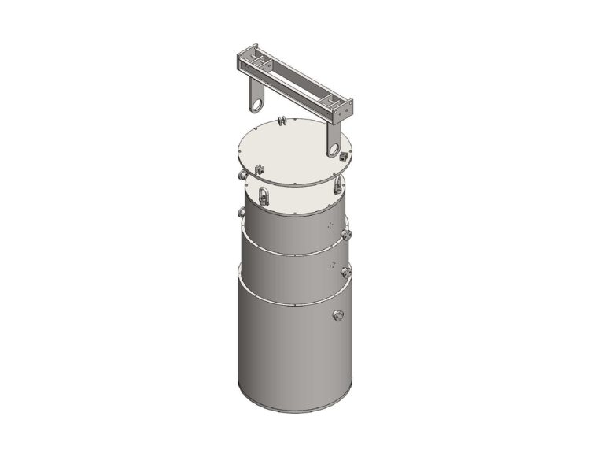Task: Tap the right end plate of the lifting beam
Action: coord(344,110)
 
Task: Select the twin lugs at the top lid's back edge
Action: coord(281,121)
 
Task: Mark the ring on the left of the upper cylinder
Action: coord(242,211)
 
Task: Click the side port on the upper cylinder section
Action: coord(347,235)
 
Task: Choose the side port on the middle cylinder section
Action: coord(345,272)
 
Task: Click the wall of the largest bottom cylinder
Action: coord(283,355)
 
